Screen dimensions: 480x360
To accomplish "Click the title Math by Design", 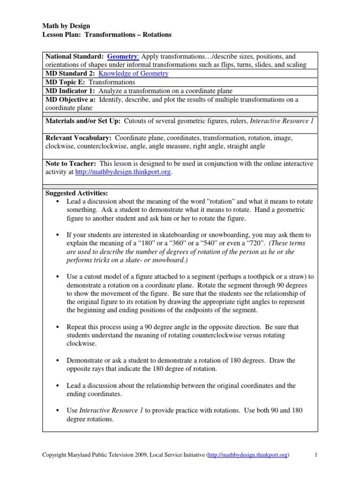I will click(x=66, y=26).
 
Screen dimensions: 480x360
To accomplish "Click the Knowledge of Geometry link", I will click(x=134, y=74).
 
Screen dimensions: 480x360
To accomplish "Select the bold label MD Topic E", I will click(x=65, y=82).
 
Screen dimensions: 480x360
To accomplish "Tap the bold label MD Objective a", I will click(x=72, y=99).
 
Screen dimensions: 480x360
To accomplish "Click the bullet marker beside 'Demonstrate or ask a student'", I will click(x=57, y=360).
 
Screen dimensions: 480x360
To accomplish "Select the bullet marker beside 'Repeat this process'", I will click(x=57, y=327).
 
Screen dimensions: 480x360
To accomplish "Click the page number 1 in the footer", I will click(x=316, y=455).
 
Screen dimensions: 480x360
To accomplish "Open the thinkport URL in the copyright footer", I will click(x=248, y=455).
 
